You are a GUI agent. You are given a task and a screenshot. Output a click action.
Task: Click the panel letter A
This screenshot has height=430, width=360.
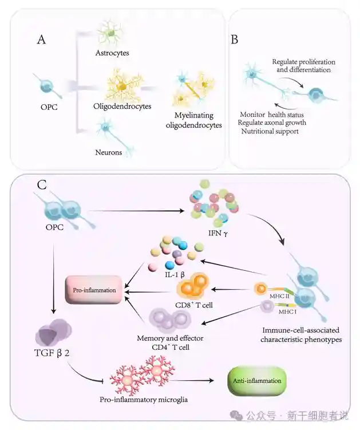point(41,40)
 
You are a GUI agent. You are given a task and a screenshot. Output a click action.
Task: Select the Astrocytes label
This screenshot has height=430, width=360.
point(112,53)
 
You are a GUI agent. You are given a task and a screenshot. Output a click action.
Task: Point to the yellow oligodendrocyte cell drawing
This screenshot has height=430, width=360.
point(121,86)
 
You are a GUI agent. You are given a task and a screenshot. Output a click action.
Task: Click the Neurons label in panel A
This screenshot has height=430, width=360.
point(109,152)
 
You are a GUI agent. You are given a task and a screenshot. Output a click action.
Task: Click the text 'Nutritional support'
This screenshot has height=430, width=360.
point(268,131)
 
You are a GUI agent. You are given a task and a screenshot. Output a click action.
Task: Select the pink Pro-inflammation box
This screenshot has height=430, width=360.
point(94,290)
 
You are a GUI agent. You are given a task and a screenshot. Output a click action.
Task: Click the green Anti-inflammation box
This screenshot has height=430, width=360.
point(257,379)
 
